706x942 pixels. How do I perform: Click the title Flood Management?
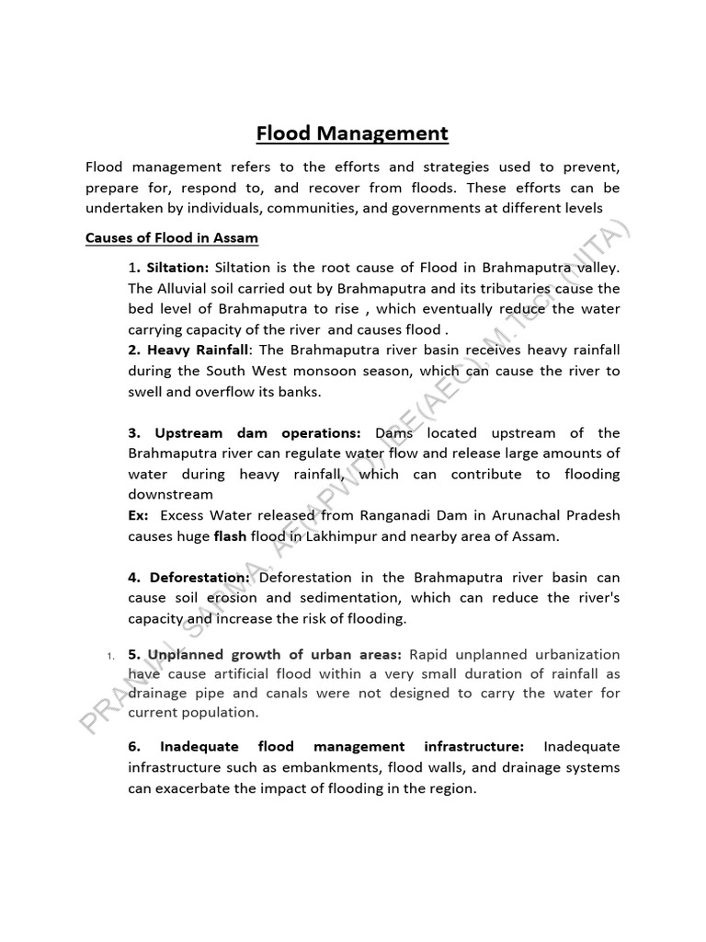coord(352,134)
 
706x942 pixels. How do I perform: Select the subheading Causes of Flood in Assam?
coord(172,238)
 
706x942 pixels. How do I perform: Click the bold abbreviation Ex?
coord(139,515)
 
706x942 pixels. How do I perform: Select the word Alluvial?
coord(188,289)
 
